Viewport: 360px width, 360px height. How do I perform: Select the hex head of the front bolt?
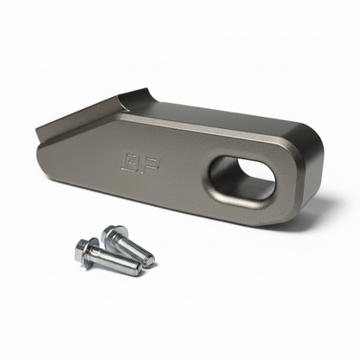click(x=87, y=251)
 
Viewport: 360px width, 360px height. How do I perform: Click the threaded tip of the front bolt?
click(x=137, y=270)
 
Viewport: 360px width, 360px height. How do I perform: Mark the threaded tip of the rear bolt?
click(x=151, y=260)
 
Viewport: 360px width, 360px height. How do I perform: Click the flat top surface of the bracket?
click(x=216, y=121)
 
